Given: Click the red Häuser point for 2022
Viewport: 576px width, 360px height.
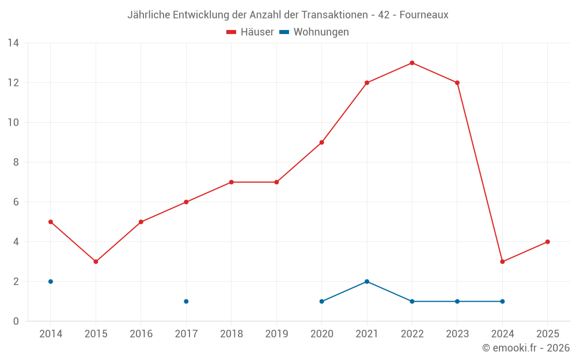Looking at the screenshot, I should tap(412, 63).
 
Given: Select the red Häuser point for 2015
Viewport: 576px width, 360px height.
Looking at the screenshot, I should tap(96, 262).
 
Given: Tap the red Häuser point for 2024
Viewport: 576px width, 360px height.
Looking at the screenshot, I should tap(502, 262).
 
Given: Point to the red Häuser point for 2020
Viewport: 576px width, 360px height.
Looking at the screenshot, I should tap(321, 142).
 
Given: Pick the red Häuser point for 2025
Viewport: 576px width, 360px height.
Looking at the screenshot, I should tap(547, 242).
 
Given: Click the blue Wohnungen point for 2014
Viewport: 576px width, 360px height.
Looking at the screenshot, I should tap(51, 282).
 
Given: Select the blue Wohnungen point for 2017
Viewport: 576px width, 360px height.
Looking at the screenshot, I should tap(186, 301).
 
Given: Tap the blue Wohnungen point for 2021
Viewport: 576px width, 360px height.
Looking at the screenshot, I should tap(367, 282).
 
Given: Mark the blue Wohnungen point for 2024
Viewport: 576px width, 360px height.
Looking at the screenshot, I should tap(502, 301).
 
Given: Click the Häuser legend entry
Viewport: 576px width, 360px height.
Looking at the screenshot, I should tap(250, 32).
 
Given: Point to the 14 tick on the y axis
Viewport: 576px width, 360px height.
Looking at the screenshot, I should tap(13, 43).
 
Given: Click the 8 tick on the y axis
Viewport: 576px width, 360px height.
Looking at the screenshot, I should tap(16, 162).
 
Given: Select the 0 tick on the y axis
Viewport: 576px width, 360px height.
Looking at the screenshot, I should tap(16, 321).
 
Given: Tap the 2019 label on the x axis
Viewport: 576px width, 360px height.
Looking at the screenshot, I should tap(276, 334).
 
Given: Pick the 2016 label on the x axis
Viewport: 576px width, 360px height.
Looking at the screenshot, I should tap(141, 334).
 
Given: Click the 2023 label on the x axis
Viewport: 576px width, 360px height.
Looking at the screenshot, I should tap(457, 334).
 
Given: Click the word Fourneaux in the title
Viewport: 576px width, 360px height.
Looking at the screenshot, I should tap(425, 15).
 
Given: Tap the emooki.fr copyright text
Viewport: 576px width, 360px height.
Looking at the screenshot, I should tap(526, 348).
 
